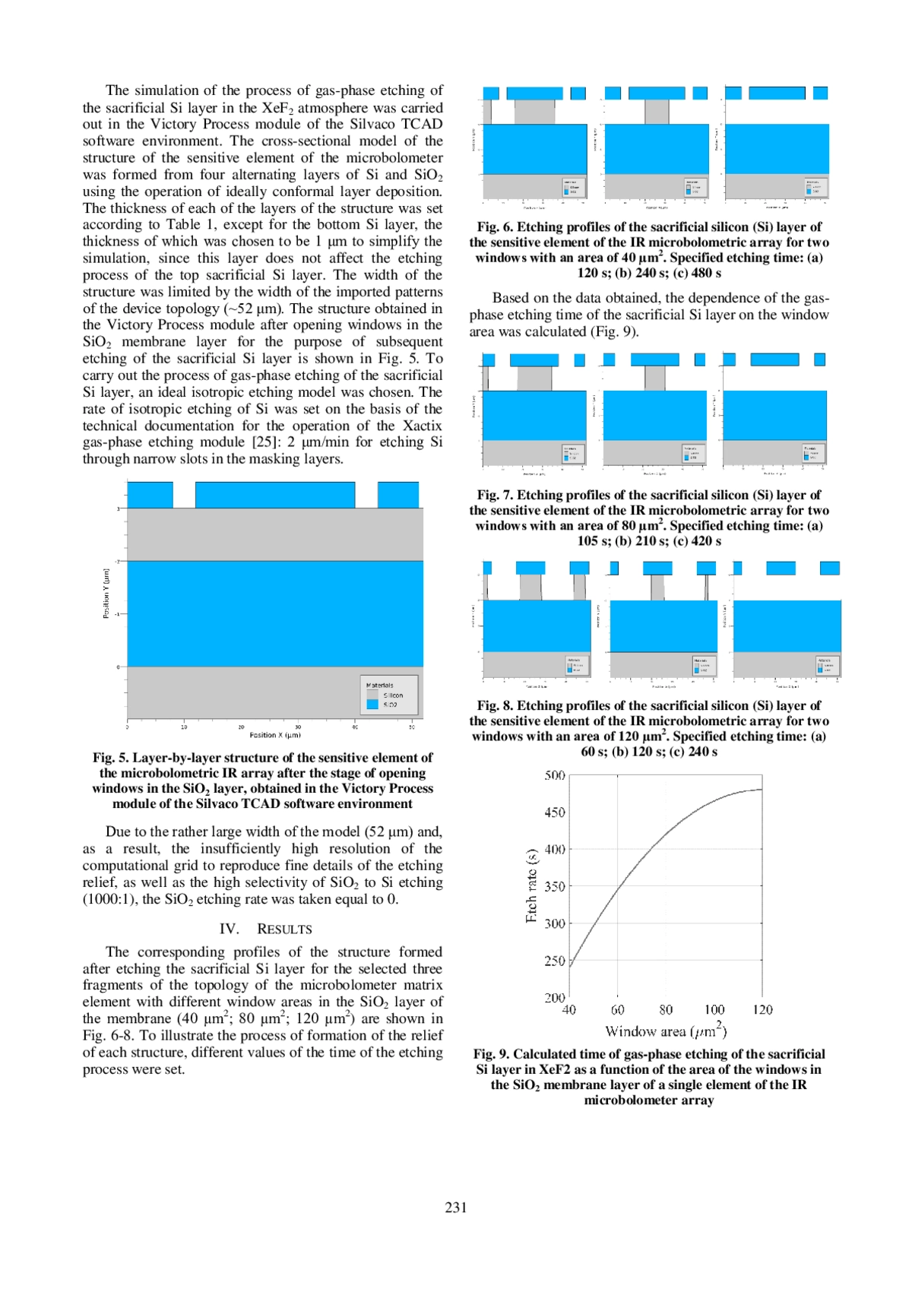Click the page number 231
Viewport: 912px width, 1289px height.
[456, 1207]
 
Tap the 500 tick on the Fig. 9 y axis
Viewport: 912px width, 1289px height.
[555, 775]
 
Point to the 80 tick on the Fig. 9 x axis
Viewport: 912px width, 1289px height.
[666, 1009]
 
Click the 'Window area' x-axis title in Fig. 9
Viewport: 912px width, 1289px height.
[666, 1031]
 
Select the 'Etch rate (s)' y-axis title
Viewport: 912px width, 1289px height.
[531, 885]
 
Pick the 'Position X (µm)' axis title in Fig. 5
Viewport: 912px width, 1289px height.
[275, 735]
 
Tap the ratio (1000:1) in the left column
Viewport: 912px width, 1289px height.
[109, 899]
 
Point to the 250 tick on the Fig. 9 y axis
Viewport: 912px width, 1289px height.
[555, 961]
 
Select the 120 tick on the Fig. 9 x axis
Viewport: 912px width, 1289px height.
[762, 1009]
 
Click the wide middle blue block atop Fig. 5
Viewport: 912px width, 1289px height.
[275, 495]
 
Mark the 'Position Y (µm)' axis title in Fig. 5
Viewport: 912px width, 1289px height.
[106, 593]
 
